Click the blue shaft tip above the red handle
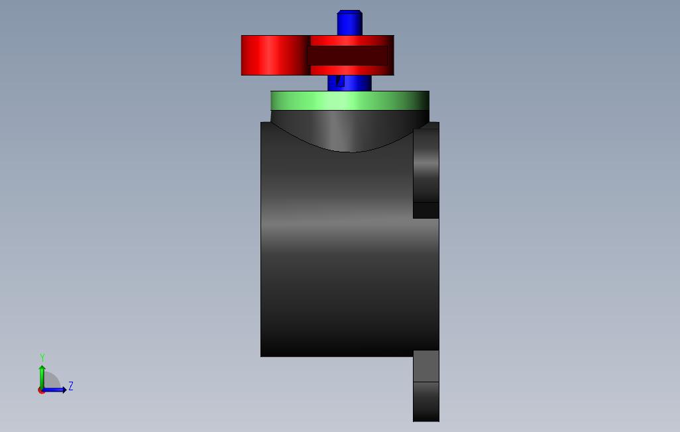click(349, 23)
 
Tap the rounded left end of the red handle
click(274, 56)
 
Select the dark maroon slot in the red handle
click(347, 56)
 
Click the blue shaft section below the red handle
click(349, 83)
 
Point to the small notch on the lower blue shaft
click(340, 81)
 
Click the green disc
click(350, 101)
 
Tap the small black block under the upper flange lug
click(426, 210)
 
